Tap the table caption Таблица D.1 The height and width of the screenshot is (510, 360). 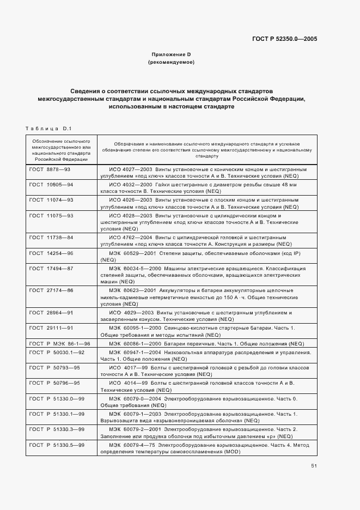(x=48, y=129)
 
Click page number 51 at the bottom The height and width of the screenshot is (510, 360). (x=314, y=465)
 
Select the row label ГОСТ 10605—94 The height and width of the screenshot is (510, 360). (x=51, y=185)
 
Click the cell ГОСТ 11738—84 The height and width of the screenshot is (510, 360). (x=51, y=238)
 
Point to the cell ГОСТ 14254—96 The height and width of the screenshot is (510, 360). (x=51, y=253)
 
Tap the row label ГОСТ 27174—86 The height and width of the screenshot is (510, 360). (x=51, y=290)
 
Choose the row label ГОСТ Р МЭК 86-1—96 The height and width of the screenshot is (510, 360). (x=59, y=344)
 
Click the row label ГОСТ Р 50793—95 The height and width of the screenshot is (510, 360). (x=54, y=368)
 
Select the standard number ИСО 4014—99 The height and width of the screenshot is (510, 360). (x=127, y=383)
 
